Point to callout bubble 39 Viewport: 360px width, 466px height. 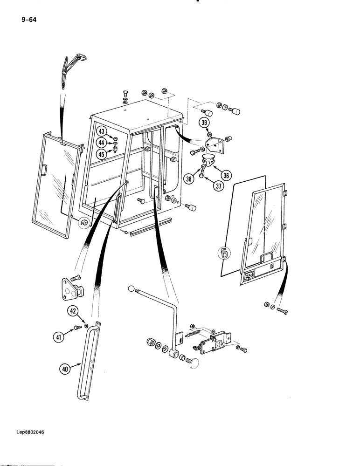coord(205,123)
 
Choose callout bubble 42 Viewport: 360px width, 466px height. coord(73,311)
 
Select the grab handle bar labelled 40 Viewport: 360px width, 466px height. coord(89,359)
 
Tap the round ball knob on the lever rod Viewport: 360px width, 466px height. coord(130,289)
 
